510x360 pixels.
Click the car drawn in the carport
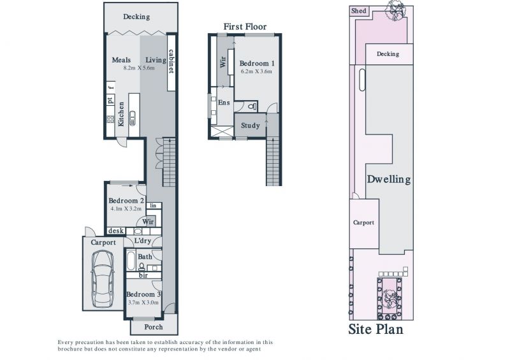(x=103, y=279)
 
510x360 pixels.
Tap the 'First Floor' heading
(x=245, y=27)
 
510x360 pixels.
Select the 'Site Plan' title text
(x=375, y=329)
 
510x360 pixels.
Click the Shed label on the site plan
(x=358, y=11)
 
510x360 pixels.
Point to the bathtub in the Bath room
(x=131, y=260)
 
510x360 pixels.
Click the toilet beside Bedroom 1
(x=252, y=106)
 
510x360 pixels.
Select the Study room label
(x=250, y=126)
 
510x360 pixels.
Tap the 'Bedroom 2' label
(x=126, y=201)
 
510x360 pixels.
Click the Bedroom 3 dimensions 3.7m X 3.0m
(x=143, y=303)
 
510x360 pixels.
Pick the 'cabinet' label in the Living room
(x=171, y=61)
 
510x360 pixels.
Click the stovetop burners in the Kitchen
(x=110, y=119)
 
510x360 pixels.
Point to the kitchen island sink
(x=133, y=119)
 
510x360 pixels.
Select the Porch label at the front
(x=154, y=327)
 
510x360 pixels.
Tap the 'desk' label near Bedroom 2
(x=116, y=231)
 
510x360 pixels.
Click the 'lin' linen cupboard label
(x=153, y=206)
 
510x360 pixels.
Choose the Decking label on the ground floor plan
(x=136, y=17)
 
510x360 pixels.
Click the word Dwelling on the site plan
(x=389, y=180)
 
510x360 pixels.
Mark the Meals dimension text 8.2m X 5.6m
(x=139, y=68)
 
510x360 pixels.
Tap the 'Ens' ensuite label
(x=224, y=103)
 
